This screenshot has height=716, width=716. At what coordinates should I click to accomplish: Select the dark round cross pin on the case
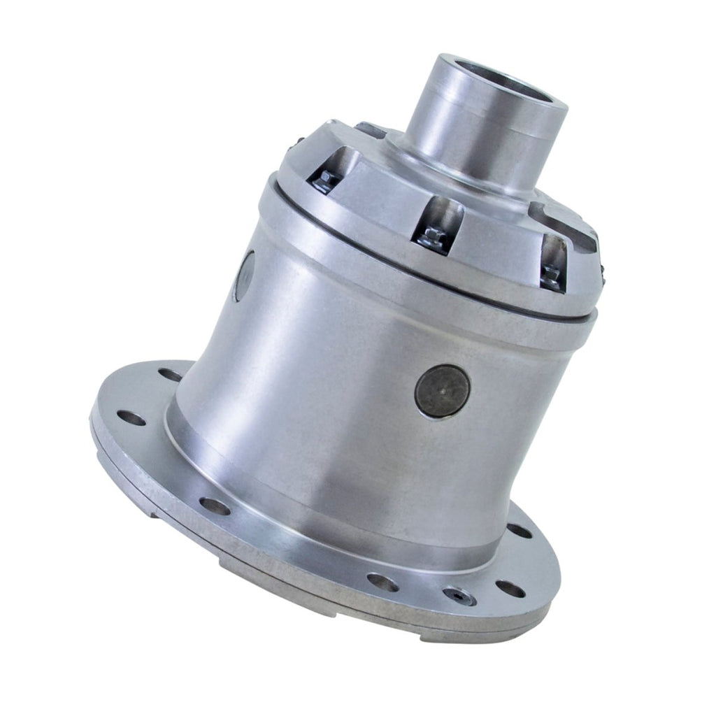pos(442,392)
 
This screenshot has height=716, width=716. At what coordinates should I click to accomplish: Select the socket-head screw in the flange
pos(459,596)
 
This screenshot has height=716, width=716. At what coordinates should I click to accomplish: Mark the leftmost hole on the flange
pos(131,418)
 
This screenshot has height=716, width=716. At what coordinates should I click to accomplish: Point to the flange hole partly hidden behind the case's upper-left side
pos(169,375)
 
